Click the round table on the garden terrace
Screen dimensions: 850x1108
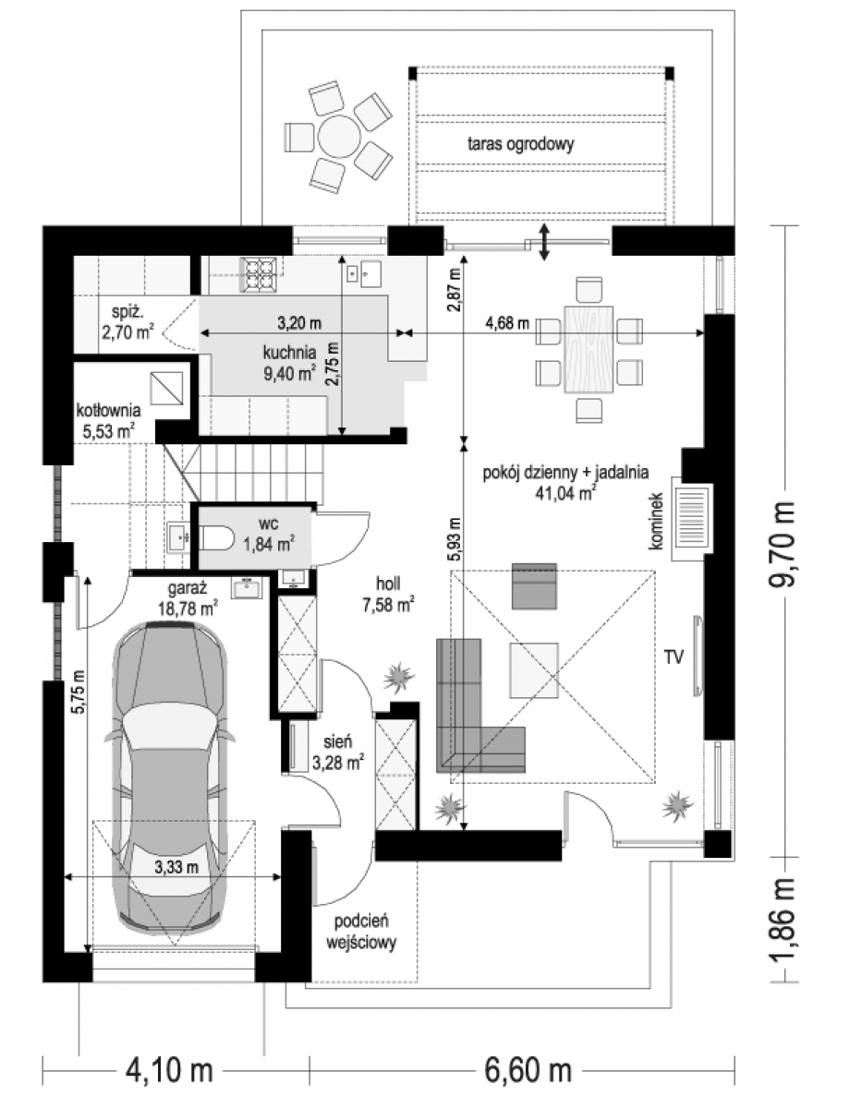[338, 136]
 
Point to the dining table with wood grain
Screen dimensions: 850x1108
[589, 349]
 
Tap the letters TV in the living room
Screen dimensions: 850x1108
[673, 656]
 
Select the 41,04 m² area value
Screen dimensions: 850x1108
[565, 493]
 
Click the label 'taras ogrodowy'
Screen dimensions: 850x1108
[520, 144]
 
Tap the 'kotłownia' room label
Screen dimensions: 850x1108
[109, 410]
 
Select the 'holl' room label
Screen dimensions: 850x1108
[388, 584]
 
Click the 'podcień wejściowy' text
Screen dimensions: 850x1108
[361, 932]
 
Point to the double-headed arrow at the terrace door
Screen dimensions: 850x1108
[544, 243]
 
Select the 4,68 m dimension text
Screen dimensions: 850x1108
[506, 323]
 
